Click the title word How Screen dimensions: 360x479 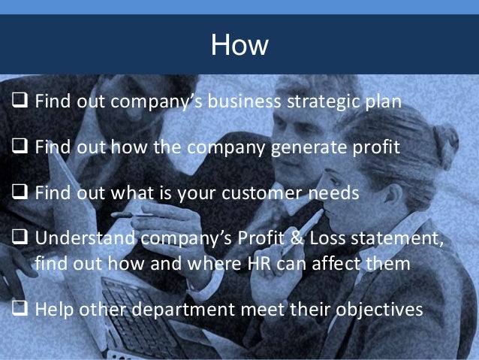[x=239, y=45]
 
